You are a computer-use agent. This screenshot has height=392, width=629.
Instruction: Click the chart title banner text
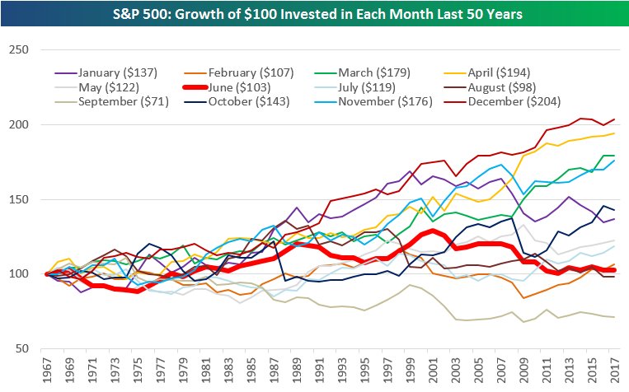click(x=314, y=15)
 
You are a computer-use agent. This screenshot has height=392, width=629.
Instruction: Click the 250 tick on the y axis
click(x=18, y=50)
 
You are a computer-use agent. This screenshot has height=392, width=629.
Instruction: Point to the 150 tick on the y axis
click(x=18, y=199)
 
